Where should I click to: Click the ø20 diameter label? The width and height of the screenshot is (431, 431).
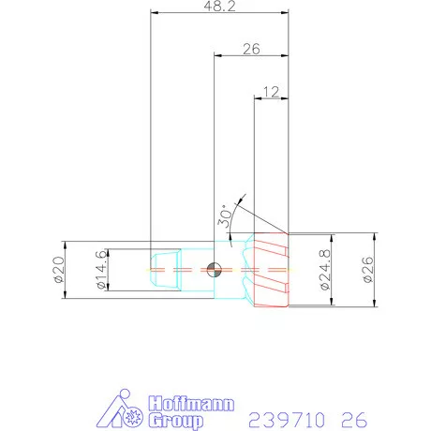[x=57, y=270]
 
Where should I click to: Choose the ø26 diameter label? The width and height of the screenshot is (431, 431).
[x=367, y=270]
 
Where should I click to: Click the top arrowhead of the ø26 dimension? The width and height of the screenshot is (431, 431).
[x=375, y=237]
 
